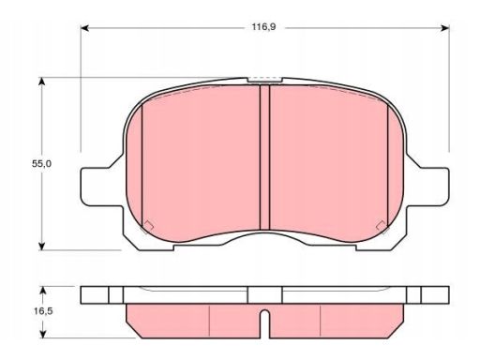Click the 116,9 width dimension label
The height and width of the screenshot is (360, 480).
tap(263, 27)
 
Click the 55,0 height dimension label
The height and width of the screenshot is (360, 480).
tap(41, 163)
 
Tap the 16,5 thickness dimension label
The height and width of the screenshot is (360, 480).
tap(42, 311)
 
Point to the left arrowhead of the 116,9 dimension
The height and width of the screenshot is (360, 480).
tap(85, 28)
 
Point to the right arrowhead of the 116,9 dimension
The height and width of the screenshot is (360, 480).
tap(444, 28)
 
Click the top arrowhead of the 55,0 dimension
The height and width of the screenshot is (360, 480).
tap(41, 82)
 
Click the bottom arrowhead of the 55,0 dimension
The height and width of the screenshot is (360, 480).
tap(41, 246)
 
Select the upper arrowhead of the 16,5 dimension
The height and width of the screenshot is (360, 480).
tap(44, 291)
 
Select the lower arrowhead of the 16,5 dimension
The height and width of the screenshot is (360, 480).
tap(44, 334)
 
